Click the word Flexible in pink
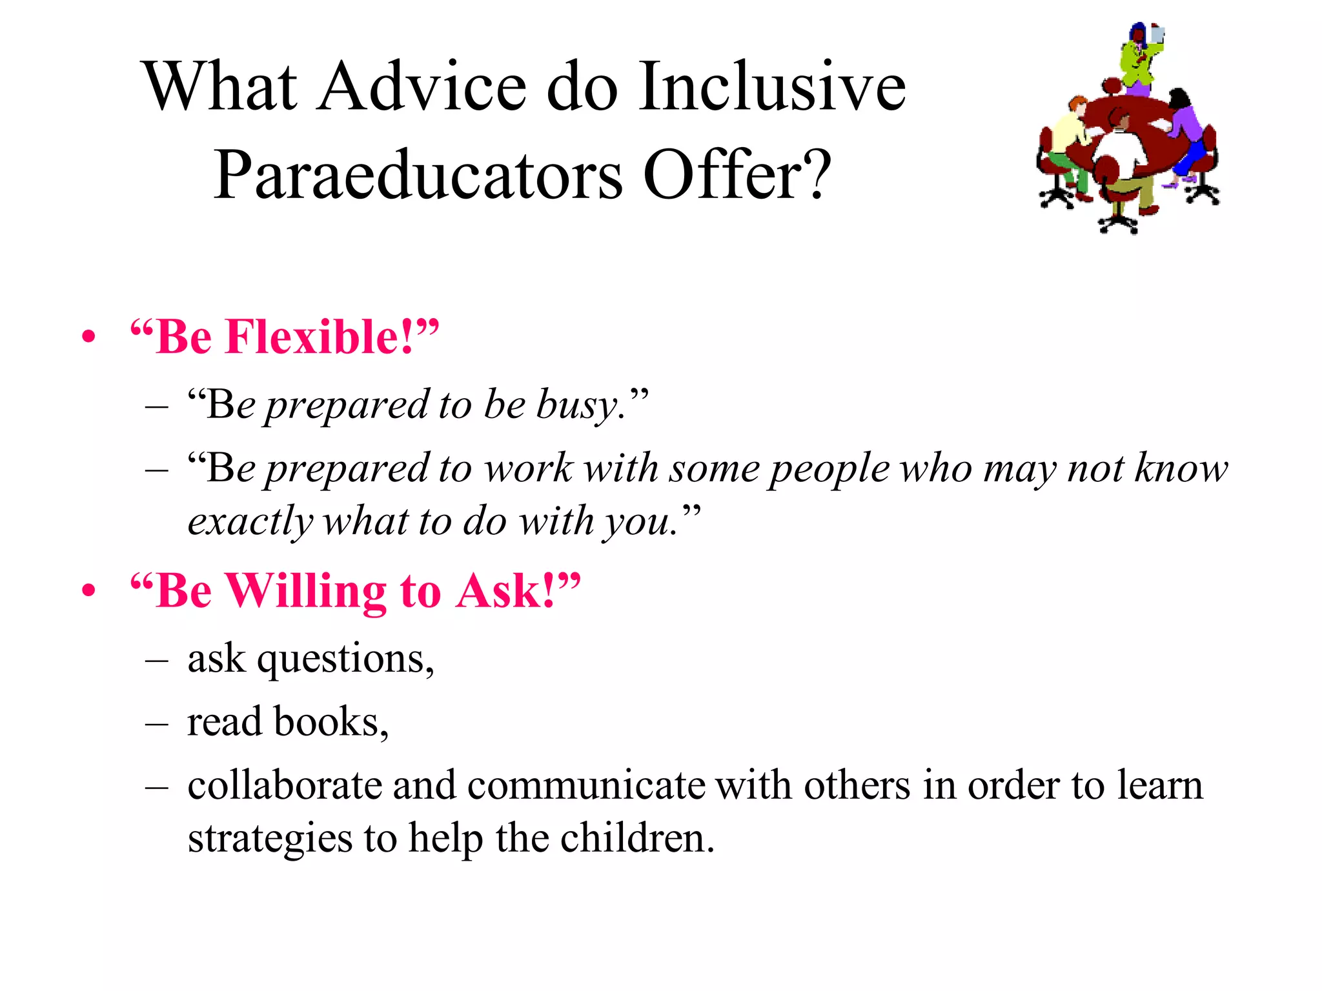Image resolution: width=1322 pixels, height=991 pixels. (x=319, y=337)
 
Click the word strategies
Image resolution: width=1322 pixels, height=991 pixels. (x=270, y=839)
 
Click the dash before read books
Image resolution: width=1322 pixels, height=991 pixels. (x=157, y=724)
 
